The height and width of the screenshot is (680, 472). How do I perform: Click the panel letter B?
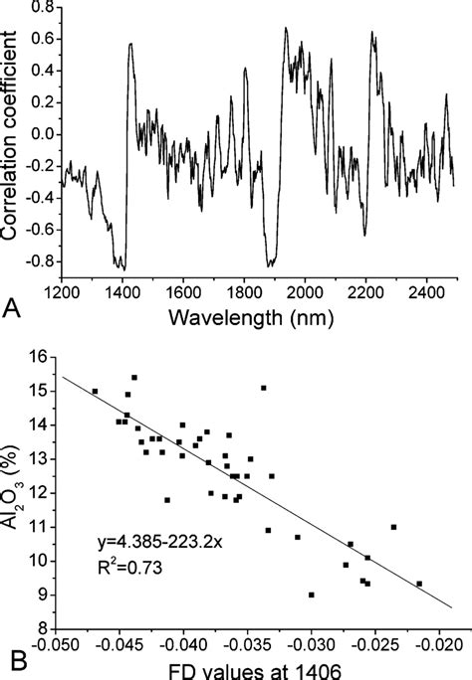pyautogui.click(x=11, y=657)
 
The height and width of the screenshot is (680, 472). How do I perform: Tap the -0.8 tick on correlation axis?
pyautogui.click(x=36, y=261)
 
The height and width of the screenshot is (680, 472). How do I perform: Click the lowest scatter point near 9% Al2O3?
pyautogui.click(x=312, y=595)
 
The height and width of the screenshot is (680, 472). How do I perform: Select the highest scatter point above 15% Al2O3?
pyautogui.click(x=134, y=378)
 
